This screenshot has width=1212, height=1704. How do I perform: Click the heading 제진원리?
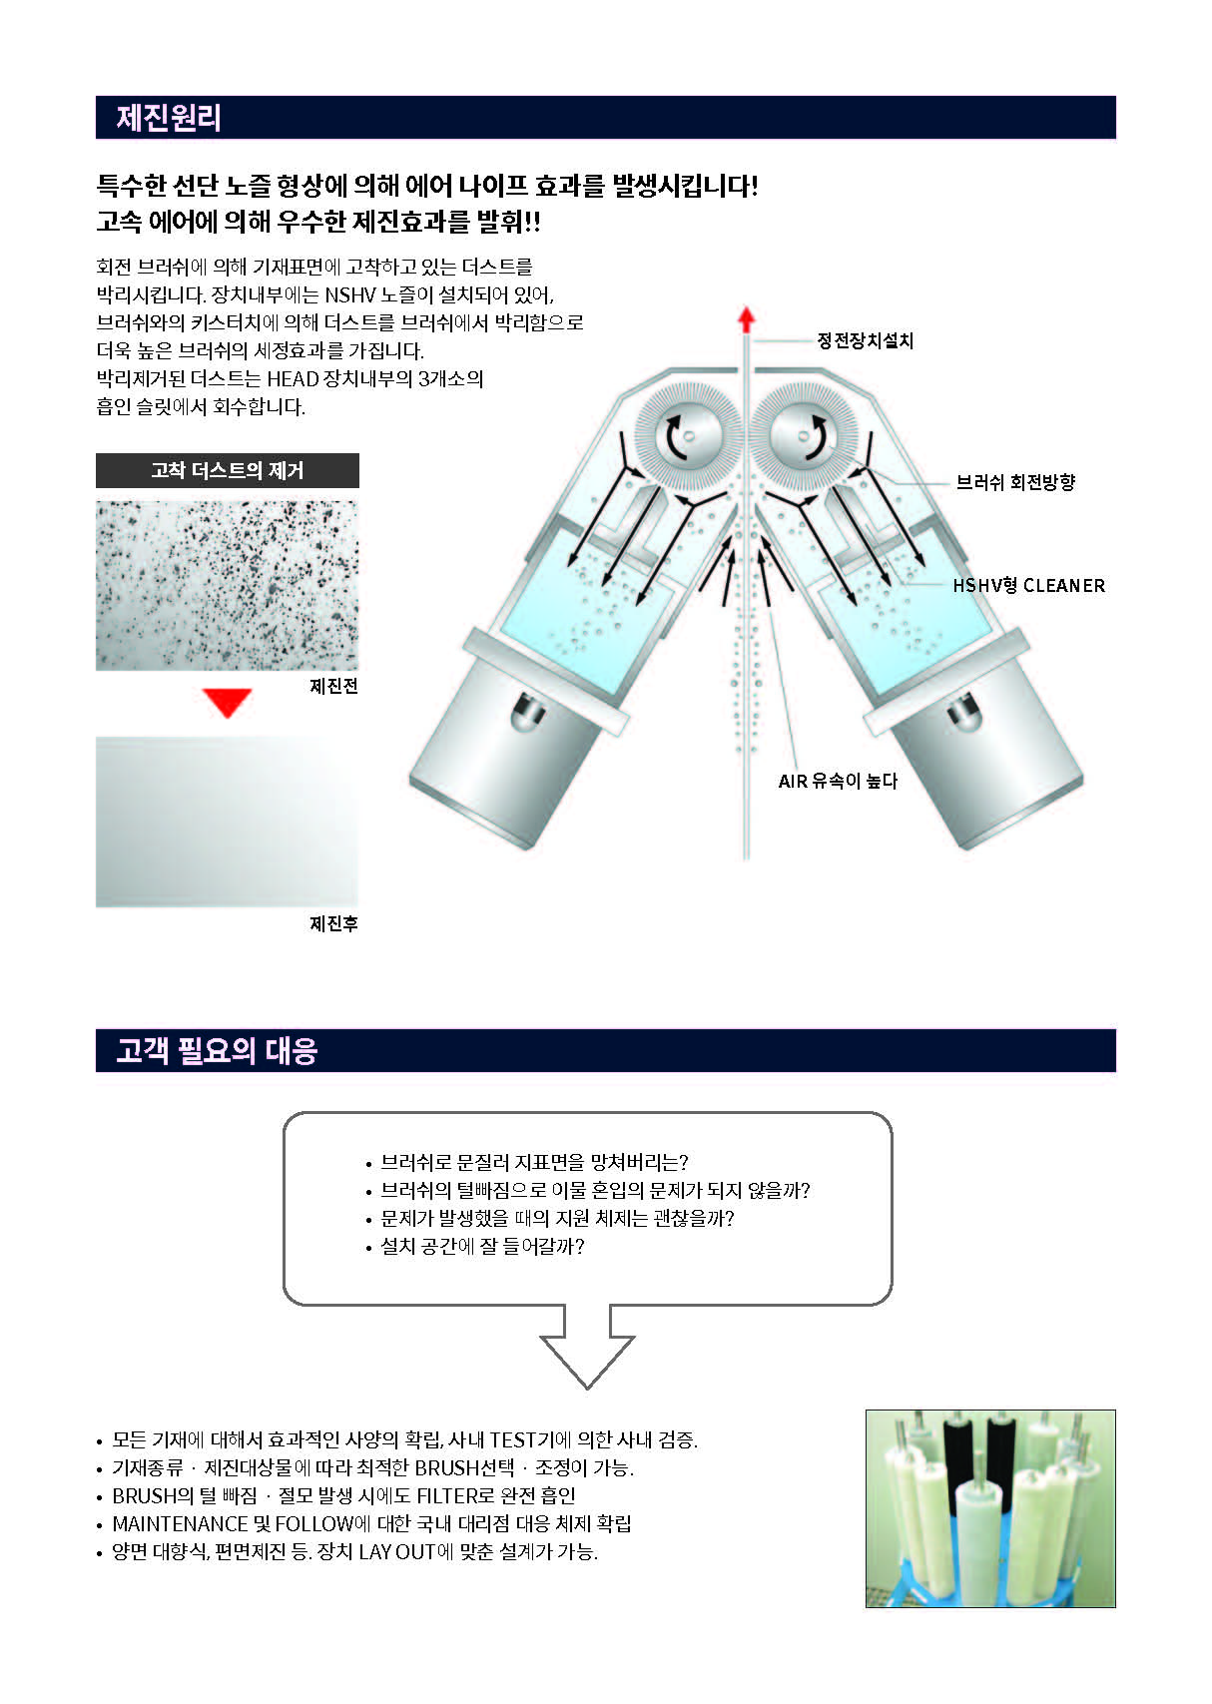point(168,118)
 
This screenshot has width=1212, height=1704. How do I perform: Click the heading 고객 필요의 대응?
point(217,1050)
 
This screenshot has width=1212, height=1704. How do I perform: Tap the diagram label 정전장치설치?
point(865,340)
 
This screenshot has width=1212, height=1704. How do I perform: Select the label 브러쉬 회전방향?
point(1015,482)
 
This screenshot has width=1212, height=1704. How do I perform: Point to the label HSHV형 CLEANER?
point(1028,585)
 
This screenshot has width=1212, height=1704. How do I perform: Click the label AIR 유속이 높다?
point(838,781)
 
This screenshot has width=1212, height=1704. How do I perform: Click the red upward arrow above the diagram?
point(747,319)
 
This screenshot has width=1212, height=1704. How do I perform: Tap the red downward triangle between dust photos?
point(228,702)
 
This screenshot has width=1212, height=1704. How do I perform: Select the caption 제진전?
point(333,686)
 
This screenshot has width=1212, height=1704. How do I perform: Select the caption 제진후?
point(333,923)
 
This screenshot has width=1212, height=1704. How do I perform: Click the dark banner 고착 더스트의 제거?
point(228,471)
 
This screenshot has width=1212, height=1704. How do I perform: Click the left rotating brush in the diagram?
point(688,437)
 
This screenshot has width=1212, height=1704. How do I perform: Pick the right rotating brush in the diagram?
point(805,437)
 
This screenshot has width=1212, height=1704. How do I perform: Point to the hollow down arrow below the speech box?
point(587,1347)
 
